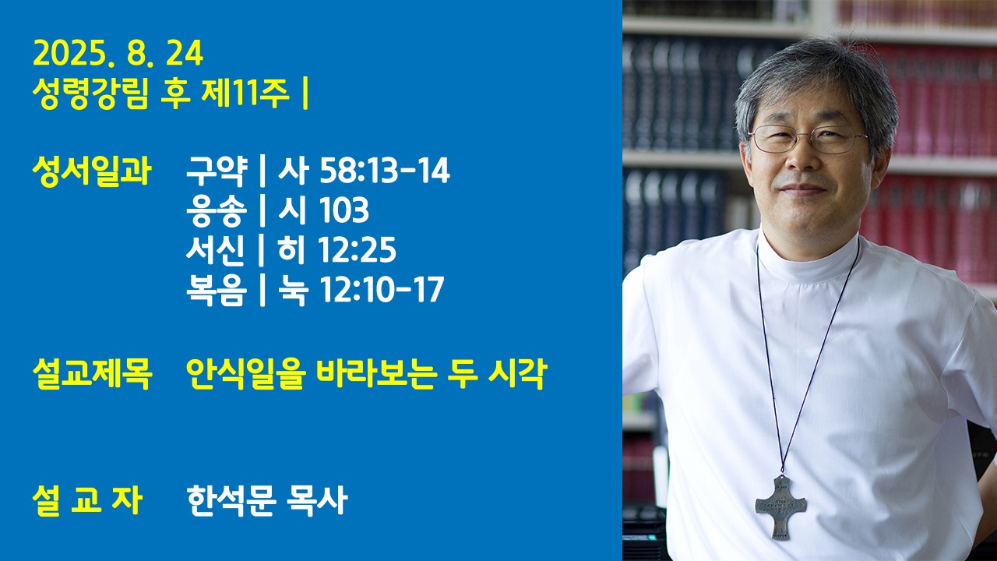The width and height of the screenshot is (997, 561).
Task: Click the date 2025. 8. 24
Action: pos(118,54)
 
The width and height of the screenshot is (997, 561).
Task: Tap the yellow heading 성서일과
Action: pos(92,171)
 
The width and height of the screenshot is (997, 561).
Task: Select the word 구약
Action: pos(217,171)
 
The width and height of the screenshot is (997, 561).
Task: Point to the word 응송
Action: pos(217,210)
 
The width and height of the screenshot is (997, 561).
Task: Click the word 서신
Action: pos(216,249)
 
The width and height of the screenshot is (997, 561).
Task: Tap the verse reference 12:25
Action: pos(358,249)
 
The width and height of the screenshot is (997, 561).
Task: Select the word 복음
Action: pos(217,289)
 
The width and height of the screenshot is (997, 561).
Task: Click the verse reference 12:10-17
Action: pos(382,289)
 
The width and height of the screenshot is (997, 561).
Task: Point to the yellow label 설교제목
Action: pos(93,374)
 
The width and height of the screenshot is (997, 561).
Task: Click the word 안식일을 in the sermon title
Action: pos(245,374)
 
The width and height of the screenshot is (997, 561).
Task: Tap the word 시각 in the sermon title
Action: pos(518,374)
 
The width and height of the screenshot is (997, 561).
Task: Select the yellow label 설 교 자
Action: pos(88,500)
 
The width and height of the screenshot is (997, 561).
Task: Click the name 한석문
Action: pos(231,500)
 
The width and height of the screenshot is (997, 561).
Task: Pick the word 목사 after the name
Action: pos(317,500)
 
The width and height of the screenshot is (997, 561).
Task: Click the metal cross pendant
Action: pos(780,507)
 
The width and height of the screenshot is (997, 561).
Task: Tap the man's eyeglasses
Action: pos(808,139)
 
